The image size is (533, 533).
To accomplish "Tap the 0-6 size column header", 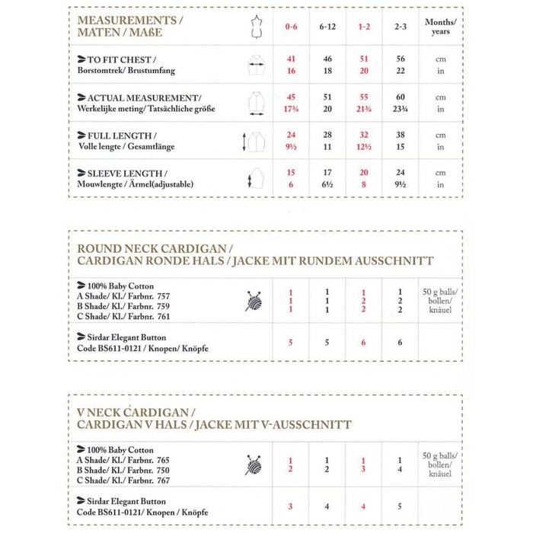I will point(290,26).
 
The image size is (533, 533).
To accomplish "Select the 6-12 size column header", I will point(328,26).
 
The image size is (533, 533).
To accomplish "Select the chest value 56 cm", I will point(402,59).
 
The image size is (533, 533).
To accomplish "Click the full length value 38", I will point(402,135).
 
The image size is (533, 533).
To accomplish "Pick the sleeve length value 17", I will point(327,173).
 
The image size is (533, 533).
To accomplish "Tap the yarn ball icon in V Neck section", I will point(254,464).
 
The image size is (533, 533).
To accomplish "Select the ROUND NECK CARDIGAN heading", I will point(256,254).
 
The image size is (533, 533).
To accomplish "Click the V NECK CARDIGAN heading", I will point(215,419).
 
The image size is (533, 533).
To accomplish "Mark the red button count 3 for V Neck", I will point(290,506).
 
